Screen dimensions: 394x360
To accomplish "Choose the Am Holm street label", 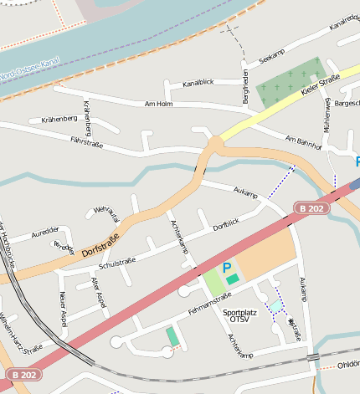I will tap(158, 104).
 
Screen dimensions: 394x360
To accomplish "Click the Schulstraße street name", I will tap(116, 264).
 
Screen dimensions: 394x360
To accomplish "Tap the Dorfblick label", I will tap(225, 224).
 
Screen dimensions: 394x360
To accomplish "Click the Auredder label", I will tap(45, 231).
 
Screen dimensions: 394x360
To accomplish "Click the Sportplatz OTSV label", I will tap(240, 316).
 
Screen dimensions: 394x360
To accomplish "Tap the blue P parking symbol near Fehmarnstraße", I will tap(226, 268).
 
